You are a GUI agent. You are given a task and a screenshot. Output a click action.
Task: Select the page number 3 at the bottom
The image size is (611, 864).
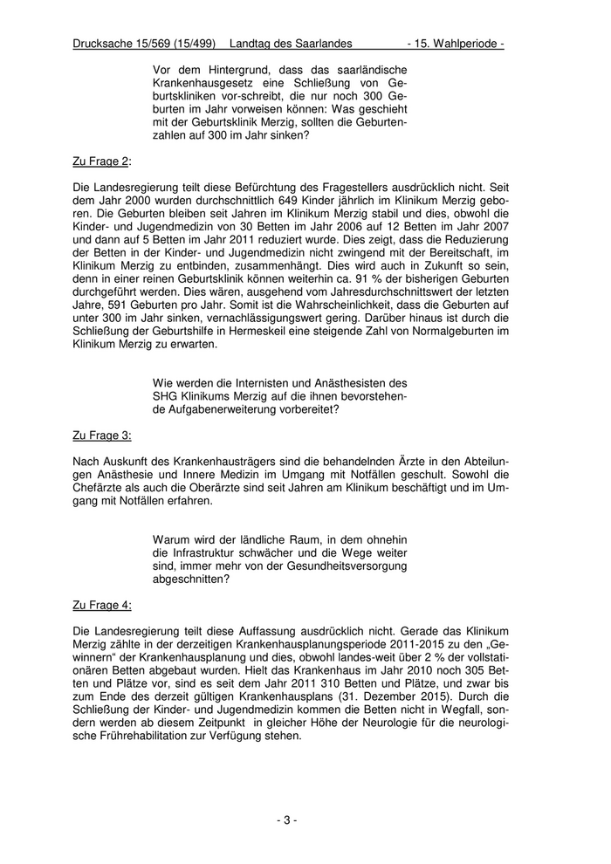click(x=287, y=820)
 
